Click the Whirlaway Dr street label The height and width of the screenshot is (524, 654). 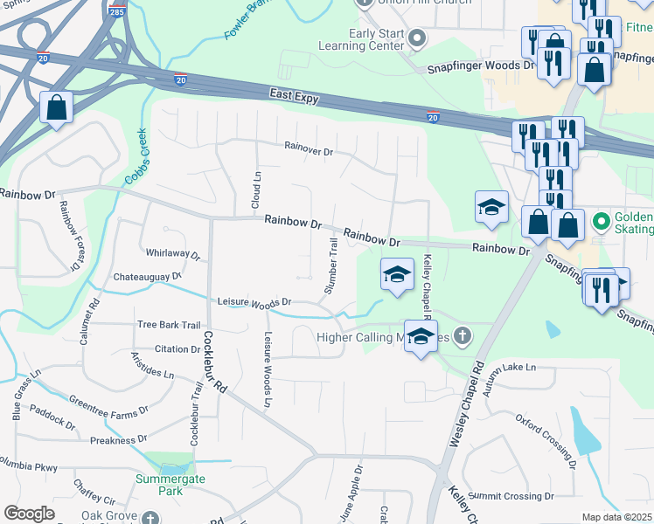coord(173,254)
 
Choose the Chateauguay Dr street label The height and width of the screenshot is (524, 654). coord(147,277)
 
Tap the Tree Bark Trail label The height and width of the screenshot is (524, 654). coord(169,325)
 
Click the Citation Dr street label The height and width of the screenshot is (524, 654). coord(177,349)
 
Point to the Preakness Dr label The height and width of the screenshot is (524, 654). coord(117,440)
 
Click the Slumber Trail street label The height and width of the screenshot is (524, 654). coord(331,265)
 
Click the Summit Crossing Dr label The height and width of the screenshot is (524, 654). coord(511,496)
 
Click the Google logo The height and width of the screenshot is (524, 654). coord(29,513)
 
